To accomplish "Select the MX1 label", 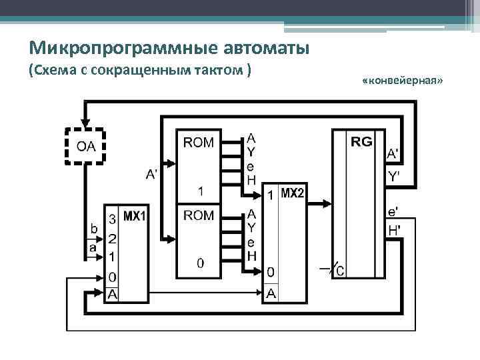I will click(135, 217).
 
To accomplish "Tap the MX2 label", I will click(292, 194).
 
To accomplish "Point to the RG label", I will click(362, 141).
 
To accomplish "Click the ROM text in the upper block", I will click(199, 141).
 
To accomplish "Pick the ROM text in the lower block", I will click(199, 215).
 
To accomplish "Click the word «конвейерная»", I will click(403, 80).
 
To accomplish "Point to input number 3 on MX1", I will click(113, 218).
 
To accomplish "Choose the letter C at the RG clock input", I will click(340, 270).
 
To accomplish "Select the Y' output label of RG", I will click(394, 176).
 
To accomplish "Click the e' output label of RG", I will click(393, 213).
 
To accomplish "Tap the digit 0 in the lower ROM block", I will click(199, 263).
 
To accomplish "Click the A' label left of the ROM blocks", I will click(153, 175).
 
